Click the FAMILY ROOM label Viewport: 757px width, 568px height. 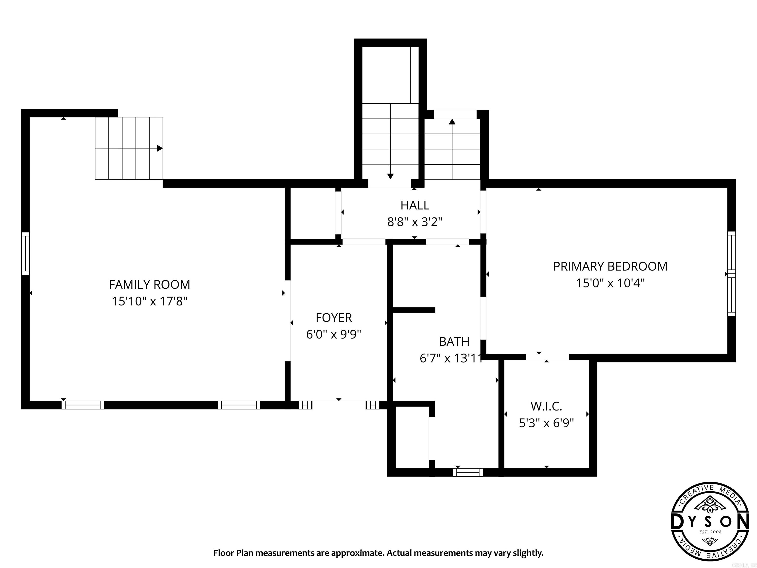pyautogui.click(x=149, y=284)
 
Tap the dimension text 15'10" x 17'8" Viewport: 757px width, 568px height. pyautogui.click(x=149, y=301)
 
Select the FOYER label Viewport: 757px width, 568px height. pyautogui.click(x=334, y=318)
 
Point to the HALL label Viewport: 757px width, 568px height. pyautogui.click(x=415, y=205)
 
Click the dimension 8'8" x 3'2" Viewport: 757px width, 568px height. pyautogui.click(x=415, y=222)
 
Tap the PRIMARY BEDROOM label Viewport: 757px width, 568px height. pyautogui.click(x=610, y=266)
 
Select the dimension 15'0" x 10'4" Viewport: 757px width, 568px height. pyautogui.click(x=610, y=283)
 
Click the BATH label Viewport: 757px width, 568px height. pyautogui.click(x=454, y=341)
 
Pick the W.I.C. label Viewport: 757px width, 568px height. pyautogui.click(x=546, y=406)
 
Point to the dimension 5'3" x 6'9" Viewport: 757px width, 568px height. pyautogui.click(x=546, y=423)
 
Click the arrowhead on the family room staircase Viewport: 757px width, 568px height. pyautogui.click(x=159, y=148)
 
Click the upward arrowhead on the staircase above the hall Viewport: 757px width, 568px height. pyautogui.click(x=452, y=122)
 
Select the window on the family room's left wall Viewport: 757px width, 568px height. pyautogui.click(x=25, y=253)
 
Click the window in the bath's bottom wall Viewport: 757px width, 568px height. pyautogui.click(x=468, y=473)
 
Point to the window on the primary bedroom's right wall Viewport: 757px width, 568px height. pyautogui.click(x=731, y=274)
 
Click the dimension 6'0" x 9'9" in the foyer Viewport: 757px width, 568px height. pyautogui.click(x=334, y=335)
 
